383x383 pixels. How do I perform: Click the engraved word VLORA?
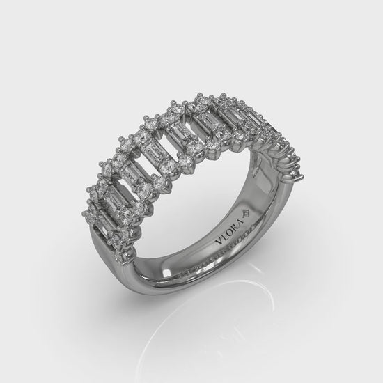[230, 232]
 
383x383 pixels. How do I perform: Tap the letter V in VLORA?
[219, 242]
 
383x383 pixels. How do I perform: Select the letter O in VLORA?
[229, 233]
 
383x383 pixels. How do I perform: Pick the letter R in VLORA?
[235, 227]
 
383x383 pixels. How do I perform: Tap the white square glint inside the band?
[167, 272]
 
